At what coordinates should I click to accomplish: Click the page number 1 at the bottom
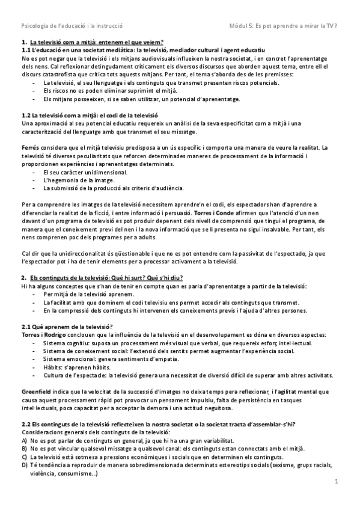pyautogui.click(x=337, y=481)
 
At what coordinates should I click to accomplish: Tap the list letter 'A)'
pyautogui.click(x=24, y=440)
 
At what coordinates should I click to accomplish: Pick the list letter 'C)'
pyautogui.click(x=24, y=456)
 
